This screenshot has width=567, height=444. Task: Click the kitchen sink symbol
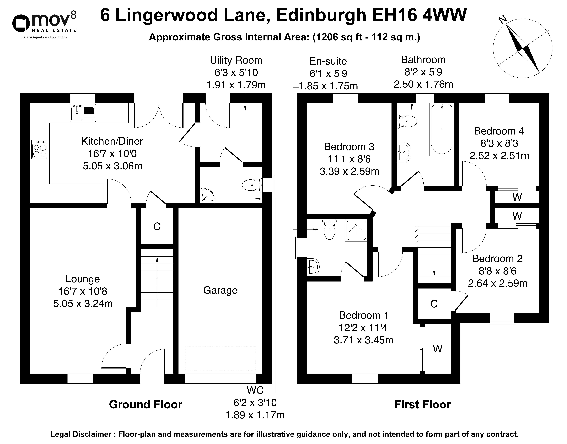point(83,113)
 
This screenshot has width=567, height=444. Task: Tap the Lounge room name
point(83,279)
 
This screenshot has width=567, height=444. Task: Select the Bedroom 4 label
point(499,131)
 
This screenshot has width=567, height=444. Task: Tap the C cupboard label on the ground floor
point(157,227)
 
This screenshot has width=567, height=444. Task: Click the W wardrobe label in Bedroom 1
point(438,349)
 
